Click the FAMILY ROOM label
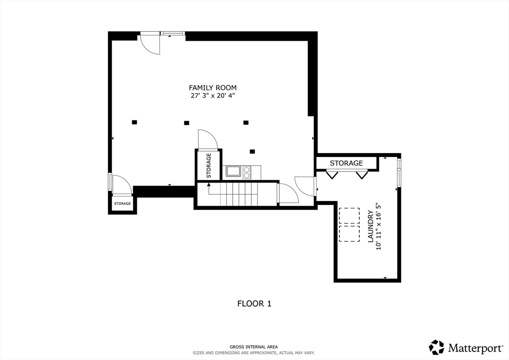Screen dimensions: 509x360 (x=213, y=88)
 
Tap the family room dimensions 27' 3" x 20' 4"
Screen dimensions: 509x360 (x=213, y=96)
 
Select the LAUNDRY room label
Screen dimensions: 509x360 (x=370, y=227)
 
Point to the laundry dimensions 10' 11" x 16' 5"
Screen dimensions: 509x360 (x=378, y=227)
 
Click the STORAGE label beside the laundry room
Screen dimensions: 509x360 (x=346, y=163)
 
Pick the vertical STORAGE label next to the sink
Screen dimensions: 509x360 (x=209, y=166)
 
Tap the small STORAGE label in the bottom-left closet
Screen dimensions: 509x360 (x=122, y=203)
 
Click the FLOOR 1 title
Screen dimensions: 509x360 (x=254, y=303)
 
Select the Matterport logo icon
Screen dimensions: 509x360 (x=436, y=348)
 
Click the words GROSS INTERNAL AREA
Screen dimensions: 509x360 (x=254, y=347)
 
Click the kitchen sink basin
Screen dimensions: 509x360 (x=233, y=171)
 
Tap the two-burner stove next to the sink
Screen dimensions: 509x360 (x=247, y=172)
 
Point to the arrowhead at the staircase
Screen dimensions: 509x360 (x=209, y=184)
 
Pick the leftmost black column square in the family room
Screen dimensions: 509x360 (x=134, y=122)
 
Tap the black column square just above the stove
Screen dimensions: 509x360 (x=252, y=151)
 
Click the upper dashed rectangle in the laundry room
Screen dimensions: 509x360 (x=349, y=215)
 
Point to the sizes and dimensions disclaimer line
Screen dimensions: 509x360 (x=254, y=353)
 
